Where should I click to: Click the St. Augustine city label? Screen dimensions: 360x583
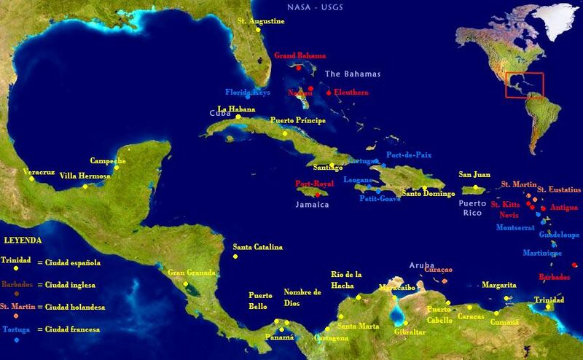click(261, 21)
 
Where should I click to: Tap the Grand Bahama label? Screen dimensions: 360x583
click(300, 55)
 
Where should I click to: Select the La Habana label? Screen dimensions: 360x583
click(236, 109)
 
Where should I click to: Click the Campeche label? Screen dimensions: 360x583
click(108, 160)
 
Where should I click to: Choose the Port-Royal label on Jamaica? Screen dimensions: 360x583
click(314, 184)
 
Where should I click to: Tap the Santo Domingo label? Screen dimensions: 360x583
click(429, 194)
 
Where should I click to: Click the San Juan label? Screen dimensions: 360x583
click(474, 175)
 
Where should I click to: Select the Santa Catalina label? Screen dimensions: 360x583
click(257, 248)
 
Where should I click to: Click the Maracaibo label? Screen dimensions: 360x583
click(397, 287)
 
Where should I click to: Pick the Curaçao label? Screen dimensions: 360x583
click(438, 270)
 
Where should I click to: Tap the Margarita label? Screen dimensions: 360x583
click(499, 285)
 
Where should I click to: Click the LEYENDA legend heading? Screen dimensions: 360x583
click(23, 240)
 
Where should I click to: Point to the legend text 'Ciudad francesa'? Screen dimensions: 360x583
click(71, 330)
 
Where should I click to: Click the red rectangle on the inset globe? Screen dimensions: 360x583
click(525, 85)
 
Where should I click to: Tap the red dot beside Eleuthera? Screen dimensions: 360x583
click(329, 93)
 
